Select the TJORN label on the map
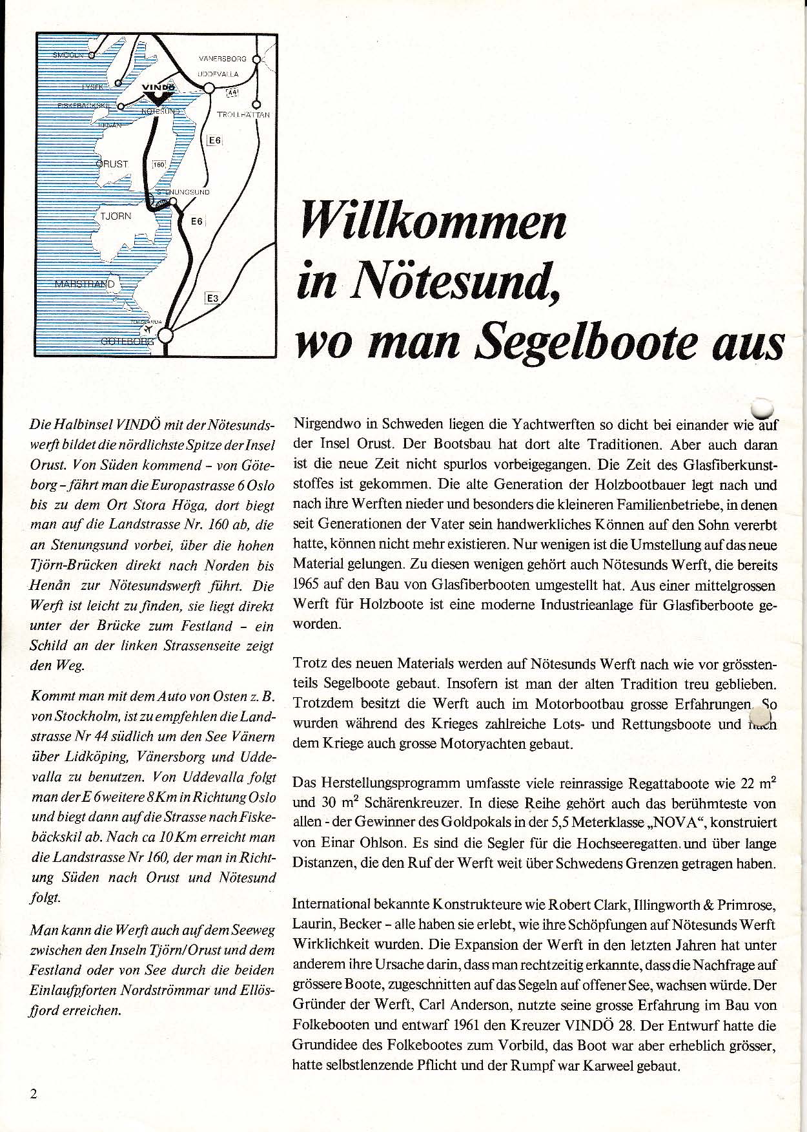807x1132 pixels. point(116,216)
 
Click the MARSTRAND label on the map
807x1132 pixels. point(85,284)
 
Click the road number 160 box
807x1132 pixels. point(159,165)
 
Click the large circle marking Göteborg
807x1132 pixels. point(166,335)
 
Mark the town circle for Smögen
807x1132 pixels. point(91,55)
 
